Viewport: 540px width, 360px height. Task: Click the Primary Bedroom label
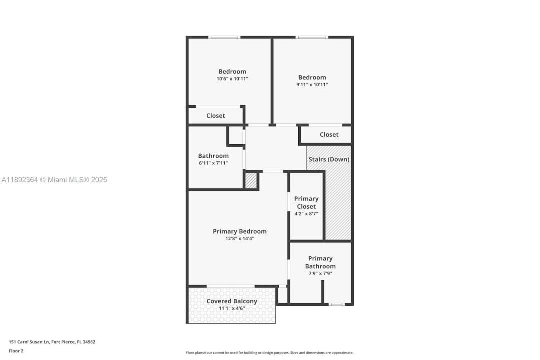pos(239,231)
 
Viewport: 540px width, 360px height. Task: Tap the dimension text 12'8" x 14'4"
pos(239,238)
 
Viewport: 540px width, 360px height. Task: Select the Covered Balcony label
pos(232,301)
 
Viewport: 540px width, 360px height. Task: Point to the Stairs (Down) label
pos(329,159)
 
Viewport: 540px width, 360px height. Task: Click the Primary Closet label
pos(306,203)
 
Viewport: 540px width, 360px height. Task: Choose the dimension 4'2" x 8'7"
pos(306,214)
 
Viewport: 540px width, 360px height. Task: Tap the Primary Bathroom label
pos(320,262)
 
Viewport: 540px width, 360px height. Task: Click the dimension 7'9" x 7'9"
pos(320,274)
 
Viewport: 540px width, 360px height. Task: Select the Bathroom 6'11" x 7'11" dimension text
pos(213,163)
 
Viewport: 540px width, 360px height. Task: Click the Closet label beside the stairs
pos(329,134)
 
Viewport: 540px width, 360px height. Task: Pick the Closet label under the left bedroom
pos(216,116)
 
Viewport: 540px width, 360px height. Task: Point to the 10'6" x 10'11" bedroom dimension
pos(232,79)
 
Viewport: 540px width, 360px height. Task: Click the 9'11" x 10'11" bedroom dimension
pos(312,84)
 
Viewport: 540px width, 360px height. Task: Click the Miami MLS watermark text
pos(54,180)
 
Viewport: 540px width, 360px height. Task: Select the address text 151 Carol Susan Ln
pos(29,342)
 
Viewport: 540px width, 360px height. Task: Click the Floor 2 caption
pos(16,351)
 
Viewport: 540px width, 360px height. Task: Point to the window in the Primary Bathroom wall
pos(336,304)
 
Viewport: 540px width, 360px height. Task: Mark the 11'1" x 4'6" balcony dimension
pos(232,308)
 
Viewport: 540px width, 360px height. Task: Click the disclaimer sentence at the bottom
pos(270,353)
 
